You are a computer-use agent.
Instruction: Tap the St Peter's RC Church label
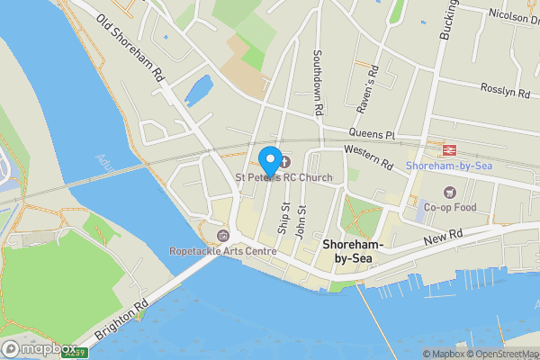pos(283,177)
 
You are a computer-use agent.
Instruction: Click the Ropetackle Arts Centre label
pos(223,251)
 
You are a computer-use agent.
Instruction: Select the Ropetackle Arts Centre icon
pos(223,236)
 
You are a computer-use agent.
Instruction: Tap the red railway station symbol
pos(446,150)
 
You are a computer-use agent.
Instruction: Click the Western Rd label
pos(369,158)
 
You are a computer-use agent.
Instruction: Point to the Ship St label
pos(283,220)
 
